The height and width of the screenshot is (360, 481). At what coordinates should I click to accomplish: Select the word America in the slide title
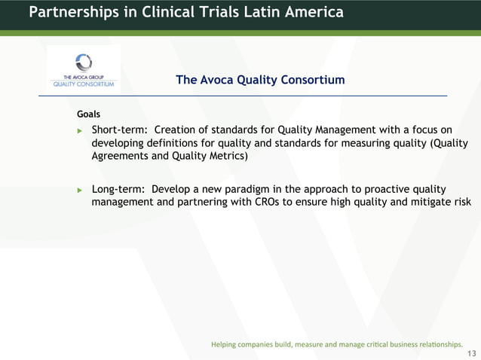(x=313, y=12)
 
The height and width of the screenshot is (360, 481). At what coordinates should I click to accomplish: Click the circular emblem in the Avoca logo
(x=84, y=62)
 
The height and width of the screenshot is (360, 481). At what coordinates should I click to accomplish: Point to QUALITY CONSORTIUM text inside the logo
(x=83, y=84)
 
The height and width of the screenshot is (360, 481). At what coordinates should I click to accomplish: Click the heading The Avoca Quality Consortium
(x=260, y=80)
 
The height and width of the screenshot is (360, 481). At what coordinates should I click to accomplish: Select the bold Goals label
(x=88, y=114)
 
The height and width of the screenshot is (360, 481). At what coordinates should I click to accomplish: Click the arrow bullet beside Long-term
(x=80, y=189)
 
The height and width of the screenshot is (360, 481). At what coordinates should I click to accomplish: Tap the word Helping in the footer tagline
(x=224, y=344)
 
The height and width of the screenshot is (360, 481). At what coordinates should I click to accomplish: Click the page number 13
(x=472, y=353)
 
